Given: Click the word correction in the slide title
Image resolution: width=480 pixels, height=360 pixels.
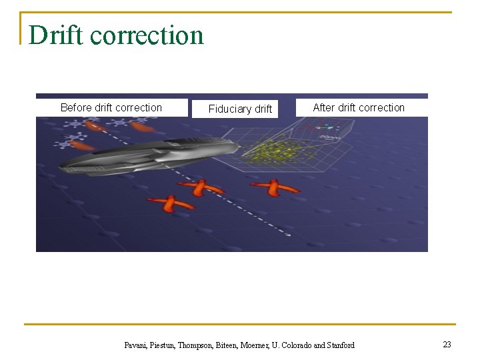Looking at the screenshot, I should click(x=147, y=35).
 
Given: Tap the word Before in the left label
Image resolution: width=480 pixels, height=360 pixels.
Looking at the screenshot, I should click(x=76, y=107).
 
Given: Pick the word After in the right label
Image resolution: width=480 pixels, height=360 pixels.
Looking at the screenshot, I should click(x=324, y=107).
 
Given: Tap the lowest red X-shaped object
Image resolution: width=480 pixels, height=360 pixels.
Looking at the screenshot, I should click(x=171, y=204).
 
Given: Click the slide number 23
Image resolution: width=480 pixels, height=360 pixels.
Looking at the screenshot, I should click(x=447, y=345).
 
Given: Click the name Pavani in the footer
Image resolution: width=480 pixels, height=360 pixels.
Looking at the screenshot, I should click(x=137, y=345).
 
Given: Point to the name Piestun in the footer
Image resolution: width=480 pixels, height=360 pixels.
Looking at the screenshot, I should click(x=164, y=345).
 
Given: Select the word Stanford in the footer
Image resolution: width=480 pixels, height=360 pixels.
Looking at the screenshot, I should click(x=341, y=345).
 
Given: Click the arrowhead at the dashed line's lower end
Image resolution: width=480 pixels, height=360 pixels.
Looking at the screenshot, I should click(x=288, y=234).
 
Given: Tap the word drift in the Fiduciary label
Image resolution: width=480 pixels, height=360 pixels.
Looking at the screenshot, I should click(x=263, y=109).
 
